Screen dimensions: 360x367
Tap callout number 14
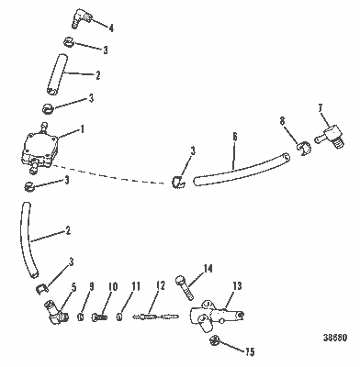click(x=208, y=268)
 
